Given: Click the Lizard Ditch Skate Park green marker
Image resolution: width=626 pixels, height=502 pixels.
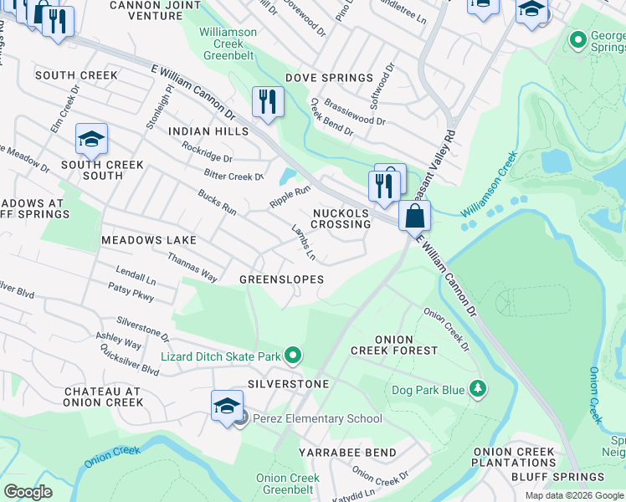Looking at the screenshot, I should [x=292, y=356].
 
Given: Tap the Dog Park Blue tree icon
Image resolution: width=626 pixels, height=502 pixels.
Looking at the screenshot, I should [x=477, y=389].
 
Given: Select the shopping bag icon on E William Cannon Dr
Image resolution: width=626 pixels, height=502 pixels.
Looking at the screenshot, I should [x=414, y=217].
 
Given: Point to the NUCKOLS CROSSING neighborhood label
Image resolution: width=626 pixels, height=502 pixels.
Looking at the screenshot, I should [x=341, y=218].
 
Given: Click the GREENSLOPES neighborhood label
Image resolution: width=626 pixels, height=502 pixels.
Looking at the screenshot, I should [x=281, y=279].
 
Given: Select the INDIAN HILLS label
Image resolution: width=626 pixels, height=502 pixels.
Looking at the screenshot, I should [x=208, y=132].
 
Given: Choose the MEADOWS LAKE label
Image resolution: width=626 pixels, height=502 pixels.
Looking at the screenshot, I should [x=148, y=240].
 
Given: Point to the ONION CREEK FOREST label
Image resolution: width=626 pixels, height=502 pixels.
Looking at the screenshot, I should [x=393, y=345].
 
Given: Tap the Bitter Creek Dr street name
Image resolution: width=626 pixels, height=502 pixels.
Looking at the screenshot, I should [x=233, y=176].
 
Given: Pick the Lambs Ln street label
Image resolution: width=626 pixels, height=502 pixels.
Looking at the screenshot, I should [x=303, y=241].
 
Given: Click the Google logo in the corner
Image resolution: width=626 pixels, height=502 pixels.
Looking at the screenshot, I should [x=28, y=492].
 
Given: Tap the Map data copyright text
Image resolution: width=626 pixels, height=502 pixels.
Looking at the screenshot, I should [x=573, y=495].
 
